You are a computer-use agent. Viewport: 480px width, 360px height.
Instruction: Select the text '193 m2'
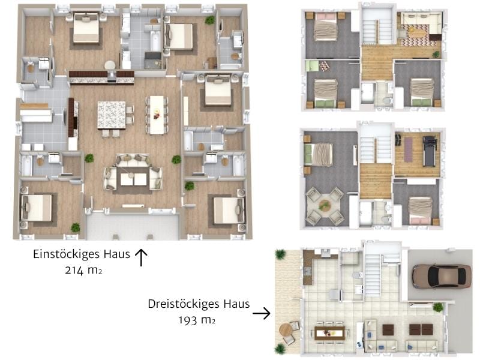pos(197,320)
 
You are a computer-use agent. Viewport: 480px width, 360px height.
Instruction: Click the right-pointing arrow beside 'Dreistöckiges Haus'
pos(261,313)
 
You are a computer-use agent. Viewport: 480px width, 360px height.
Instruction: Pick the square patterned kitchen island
pos(112,114)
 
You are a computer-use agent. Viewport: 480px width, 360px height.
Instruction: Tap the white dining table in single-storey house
pos(157,114)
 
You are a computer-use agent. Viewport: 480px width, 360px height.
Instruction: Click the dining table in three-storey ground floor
pos(329,332)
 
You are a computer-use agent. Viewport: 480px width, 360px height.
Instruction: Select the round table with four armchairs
pos(325,206)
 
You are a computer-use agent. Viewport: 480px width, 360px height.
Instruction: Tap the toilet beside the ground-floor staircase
pos(358,275)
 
